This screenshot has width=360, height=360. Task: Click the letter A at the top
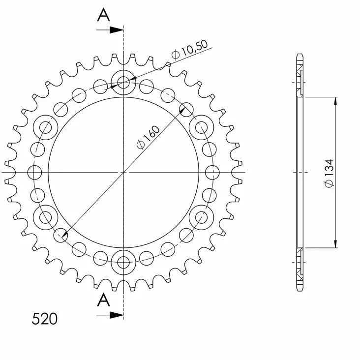tap(103, 15)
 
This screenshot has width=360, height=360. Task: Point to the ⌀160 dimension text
tap(147, 137)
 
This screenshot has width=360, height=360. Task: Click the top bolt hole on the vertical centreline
tap(122, 82)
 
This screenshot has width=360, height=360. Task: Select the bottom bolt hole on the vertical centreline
tap(122, 262)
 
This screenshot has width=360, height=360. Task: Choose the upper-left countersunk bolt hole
tap(46, 127)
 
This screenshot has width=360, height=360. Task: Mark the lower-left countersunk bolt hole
tap(46, 217)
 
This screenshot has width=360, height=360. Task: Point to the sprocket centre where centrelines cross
tap(123, 173)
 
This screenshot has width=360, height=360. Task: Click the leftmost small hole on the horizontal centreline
tap(34, 173)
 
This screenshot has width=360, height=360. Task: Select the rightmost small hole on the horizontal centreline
tap(212, 173)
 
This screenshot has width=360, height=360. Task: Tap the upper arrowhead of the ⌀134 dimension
tap(336, 101)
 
